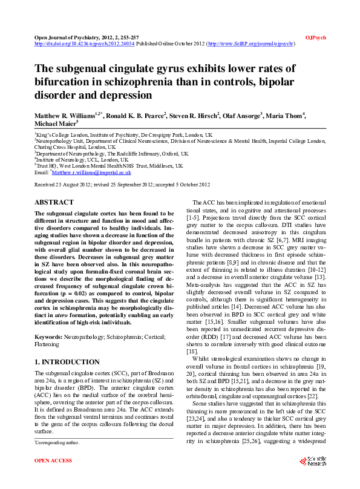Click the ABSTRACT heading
(54, 202)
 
